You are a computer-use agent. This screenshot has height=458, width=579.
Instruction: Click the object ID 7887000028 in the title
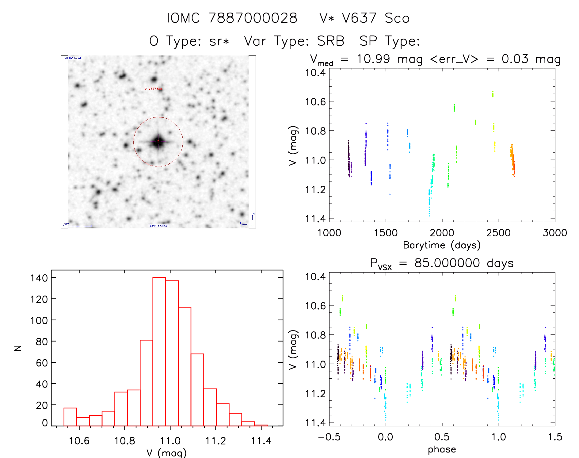(253, 18)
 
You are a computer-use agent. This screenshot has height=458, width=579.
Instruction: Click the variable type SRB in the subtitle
(330, 41)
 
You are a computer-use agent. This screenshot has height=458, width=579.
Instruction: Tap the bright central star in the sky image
(158, 141)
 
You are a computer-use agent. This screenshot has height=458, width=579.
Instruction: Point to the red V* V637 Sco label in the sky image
(153, 89)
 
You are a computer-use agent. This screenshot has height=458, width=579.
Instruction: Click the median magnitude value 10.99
(373, 59)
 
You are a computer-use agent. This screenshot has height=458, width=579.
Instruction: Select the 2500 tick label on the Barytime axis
(498, 233)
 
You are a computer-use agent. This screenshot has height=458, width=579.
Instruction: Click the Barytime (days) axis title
(442, 245)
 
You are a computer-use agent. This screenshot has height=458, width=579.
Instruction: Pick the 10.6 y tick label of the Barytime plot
(315, 101)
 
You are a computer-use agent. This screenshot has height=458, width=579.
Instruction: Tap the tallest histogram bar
(159, 351)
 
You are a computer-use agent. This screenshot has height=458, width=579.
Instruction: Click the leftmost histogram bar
(70, 417)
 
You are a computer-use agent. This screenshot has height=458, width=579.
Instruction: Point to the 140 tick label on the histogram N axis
(39, 278)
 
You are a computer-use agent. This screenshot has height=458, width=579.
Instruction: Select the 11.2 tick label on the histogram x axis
(215, 441)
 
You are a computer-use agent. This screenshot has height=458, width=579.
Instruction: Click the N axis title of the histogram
(18, 348)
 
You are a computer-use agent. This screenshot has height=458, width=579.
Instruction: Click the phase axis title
(442, 449)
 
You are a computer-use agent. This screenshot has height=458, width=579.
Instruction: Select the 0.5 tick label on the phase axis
(442, 437)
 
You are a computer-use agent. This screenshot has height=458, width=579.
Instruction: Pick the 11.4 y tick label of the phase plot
(315, 423)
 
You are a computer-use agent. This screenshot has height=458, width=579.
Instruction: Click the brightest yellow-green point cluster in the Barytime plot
(493, 94)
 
